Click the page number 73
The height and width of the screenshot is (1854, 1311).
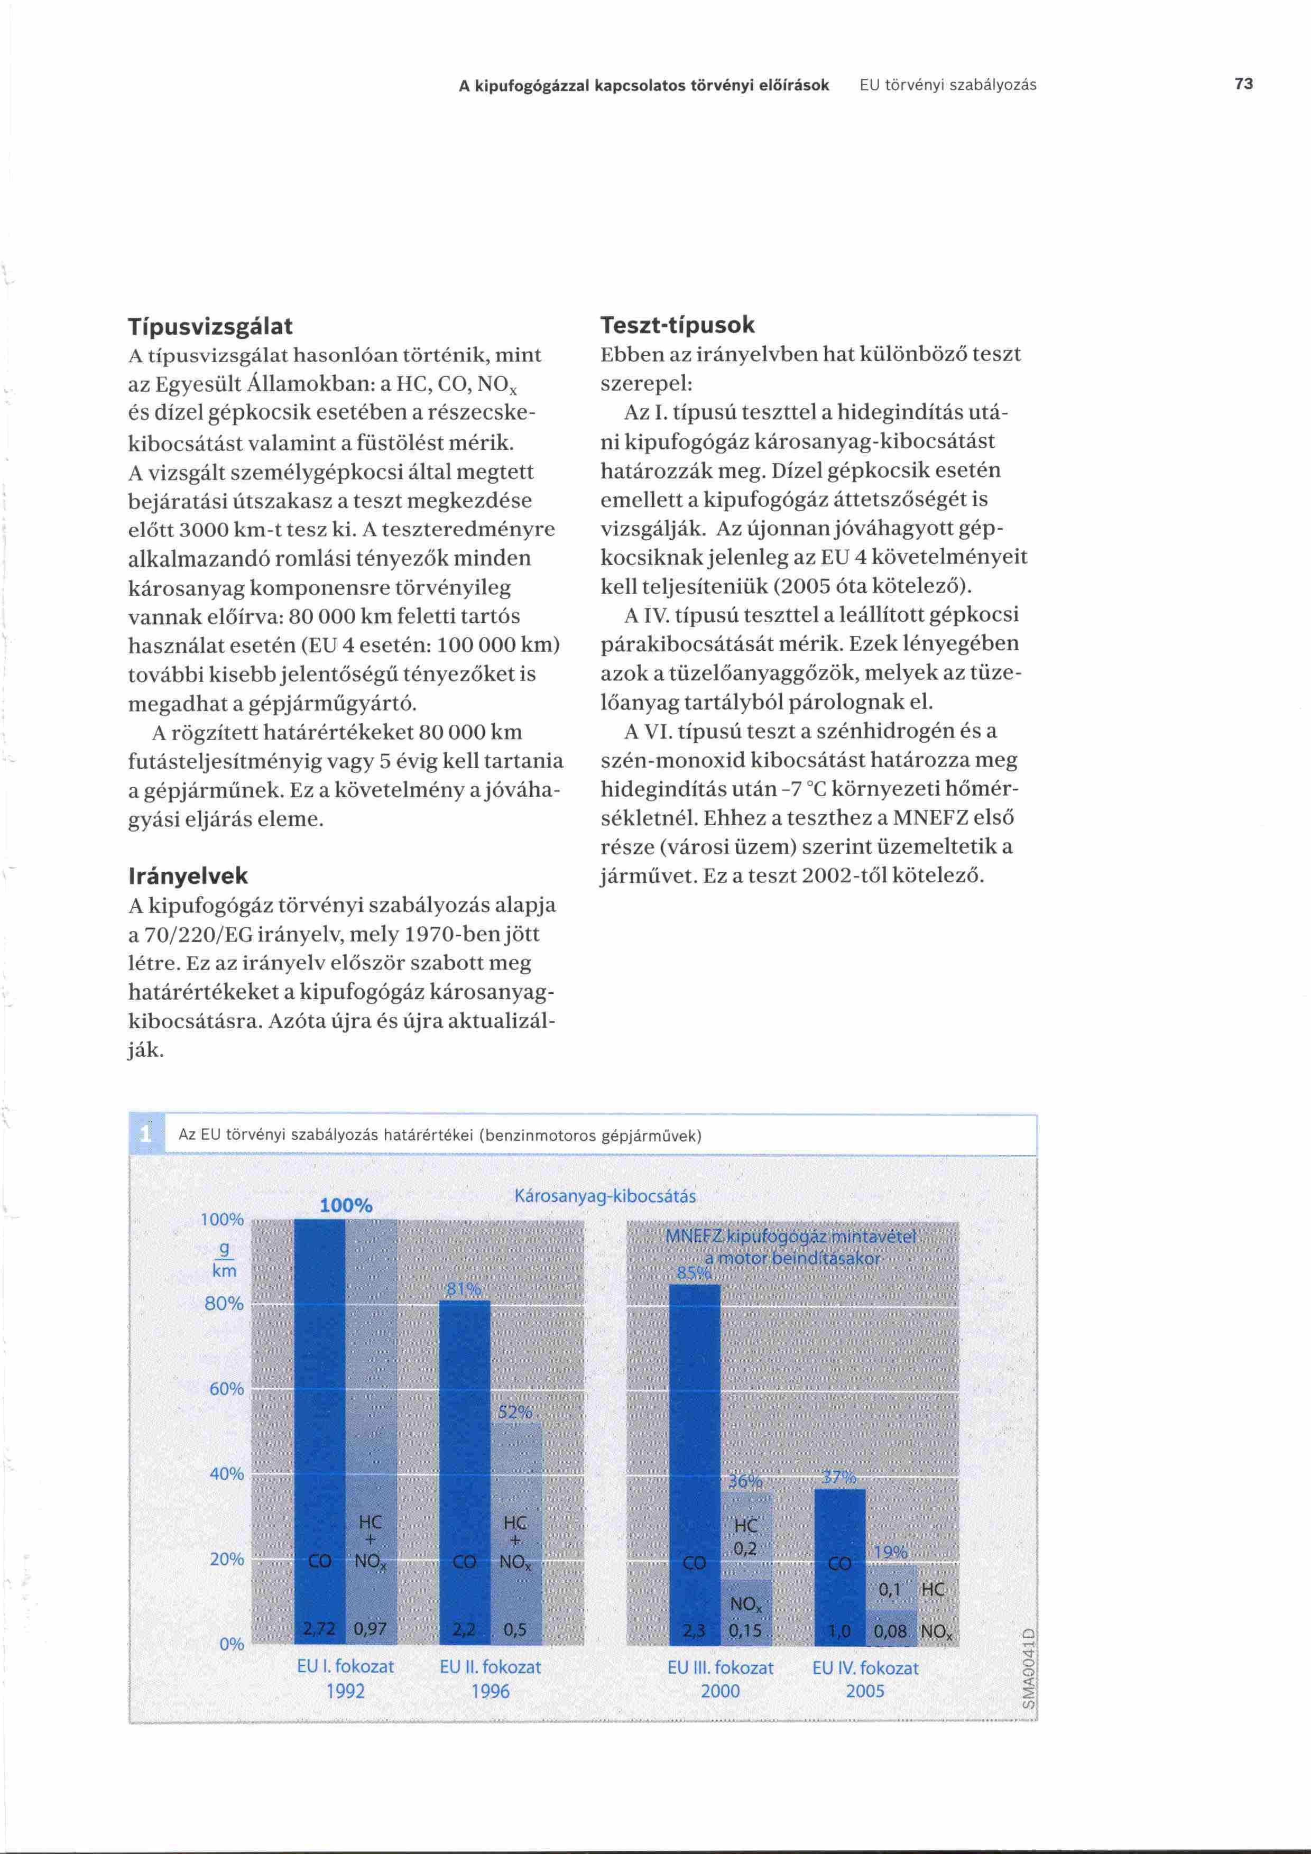[x=1243, y=84]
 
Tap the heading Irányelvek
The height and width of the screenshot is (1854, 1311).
[x=188, y=875]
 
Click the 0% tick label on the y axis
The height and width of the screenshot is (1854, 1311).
[x=232, y=1644]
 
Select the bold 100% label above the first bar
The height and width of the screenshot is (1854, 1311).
[x=346, y=1205]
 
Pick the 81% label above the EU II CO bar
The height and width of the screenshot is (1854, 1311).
[x=464, y=1289]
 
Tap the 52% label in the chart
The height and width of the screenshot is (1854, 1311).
[x=515, y=1412]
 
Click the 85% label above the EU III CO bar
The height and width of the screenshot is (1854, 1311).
[x=694, y=1272]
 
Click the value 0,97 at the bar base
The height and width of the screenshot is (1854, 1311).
[x=371, y=1629]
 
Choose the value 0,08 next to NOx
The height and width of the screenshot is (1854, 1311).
[x=890, y=1630]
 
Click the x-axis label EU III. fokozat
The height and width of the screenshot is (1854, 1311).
[x=720, y=1667]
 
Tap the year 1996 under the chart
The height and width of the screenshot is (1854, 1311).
[x=490, y=1691]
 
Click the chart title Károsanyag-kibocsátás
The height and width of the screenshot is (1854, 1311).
[x=605, y=1196]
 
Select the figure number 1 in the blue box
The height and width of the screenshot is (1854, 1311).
[x=146, y=1134]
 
